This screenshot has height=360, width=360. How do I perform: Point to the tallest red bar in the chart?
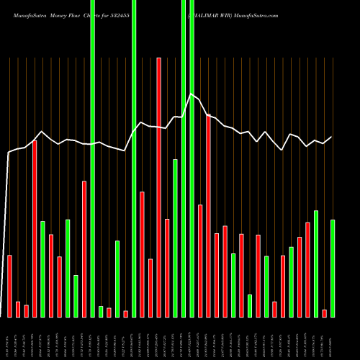159,187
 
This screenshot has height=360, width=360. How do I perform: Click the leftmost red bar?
10,286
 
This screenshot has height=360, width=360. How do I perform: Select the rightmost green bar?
333,268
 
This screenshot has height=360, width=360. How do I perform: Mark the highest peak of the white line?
191,94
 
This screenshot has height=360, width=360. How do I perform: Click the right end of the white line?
332,137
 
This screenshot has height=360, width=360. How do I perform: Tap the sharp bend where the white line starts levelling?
9,153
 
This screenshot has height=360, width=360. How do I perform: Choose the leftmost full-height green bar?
93,158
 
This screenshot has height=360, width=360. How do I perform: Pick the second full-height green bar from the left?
134,158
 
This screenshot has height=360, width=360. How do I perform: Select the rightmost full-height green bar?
192,158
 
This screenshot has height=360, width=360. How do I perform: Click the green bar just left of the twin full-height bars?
175,238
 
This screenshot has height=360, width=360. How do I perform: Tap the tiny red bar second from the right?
324,313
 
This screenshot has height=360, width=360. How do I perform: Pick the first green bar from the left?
42,269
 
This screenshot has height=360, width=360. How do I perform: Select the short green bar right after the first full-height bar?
101,311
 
